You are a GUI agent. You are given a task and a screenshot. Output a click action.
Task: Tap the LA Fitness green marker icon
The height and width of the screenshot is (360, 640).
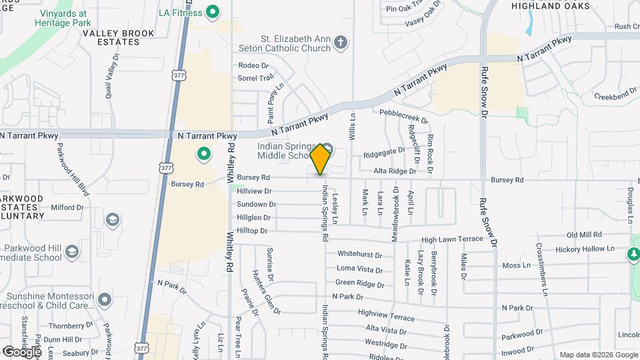click(213, 11)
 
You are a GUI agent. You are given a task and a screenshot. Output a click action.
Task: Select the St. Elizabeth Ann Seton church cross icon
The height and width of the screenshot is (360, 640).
click(341, 44)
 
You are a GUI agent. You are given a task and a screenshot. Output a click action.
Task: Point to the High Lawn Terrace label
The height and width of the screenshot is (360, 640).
click(452, 239)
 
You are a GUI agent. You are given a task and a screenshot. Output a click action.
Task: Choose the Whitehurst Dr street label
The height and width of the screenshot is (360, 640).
click(359, 254)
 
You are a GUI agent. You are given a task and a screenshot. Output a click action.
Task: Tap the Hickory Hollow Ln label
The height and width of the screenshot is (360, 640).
click(587, 249)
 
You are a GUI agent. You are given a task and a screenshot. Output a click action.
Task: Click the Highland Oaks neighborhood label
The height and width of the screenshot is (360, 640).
click(551, 5)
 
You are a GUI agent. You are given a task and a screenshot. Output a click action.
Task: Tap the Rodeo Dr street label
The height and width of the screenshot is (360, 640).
click(253, 66)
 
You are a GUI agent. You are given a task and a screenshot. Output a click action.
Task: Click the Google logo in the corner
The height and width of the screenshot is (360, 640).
click(21, 351)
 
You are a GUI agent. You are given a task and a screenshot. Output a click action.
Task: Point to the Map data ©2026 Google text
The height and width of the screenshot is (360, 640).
click(599, 355)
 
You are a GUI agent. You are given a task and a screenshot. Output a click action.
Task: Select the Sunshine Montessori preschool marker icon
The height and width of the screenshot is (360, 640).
click(103, 299)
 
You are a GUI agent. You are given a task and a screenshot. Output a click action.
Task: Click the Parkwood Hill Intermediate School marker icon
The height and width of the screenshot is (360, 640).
click(72, 252)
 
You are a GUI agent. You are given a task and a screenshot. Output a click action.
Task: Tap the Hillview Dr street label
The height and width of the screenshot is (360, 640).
click(254, 191)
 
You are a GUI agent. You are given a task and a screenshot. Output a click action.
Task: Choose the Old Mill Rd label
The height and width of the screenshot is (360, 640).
click(584, 235)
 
